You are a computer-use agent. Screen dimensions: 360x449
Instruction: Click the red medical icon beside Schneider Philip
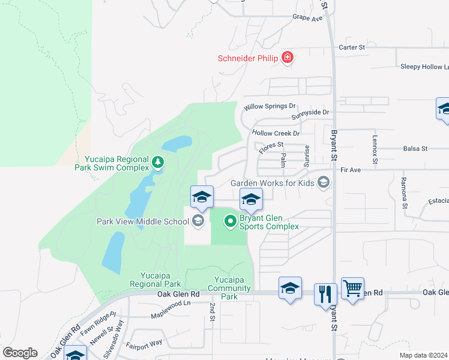pyautogui.click(x=288, y=58)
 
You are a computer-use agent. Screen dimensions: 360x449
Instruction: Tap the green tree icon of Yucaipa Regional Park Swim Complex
pyautogui.click(x=157, y=162)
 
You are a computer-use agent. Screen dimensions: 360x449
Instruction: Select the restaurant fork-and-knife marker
pyautogui.click(x=325, y=293)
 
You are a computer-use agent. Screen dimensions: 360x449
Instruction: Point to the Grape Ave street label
pyautogui.click(x=307, y=18)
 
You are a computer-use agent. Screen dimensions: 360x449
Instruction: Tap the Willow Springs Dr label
pyautogui.click(x=270, y=107)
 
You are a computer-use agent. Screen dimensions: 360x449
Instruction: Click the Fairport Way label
pyautogui.click(x=144, y=343)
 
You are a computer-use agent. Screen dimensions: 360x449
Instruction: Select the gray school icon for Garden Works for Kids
pyautogui.click(x=324, y=182)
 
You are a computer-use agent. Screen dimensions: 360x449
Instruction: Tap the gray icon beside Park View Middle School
pyautogui.click(x=197, y=221)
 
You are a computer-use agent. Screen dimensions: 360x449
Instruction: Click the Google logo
pyautogui.click(x=20, y=353)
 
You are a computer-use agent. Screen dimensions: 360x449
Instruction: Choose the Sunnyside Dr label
pyautogui.click(x=310, y=112)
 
